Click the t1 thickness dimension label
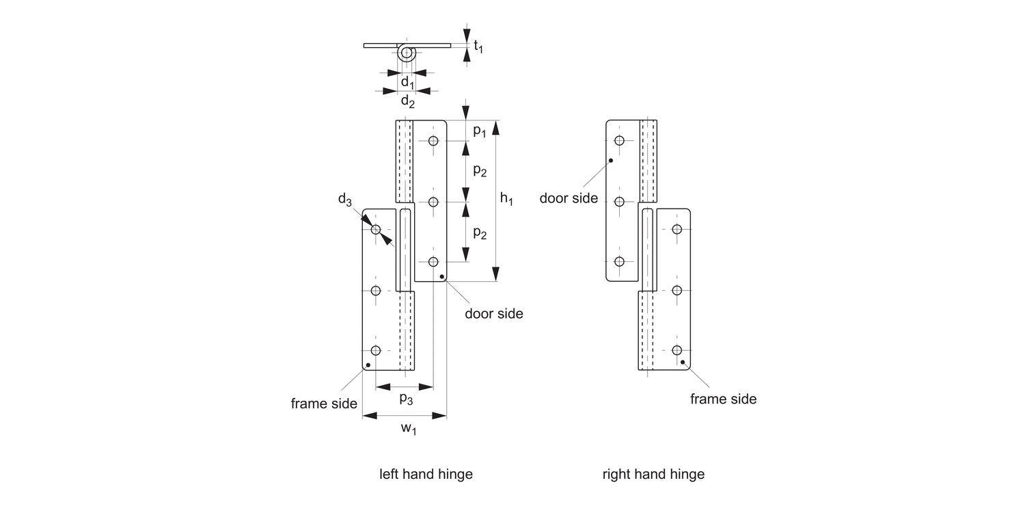(x=478, y=47)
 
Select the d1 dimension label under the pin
(x=407, y=83)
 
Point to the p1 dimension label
(x=480, y=131)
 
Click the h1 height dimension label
(x=506, y=199)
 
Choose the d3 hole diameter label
(x=345, y=200)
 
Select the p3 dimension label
(x=406, y=399)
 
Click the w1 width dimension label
(x=409, y=429)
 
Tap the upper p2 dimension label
(x=480, y=171)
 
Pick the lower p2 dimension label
(x=480, y=233)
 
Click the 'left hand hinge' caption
(x=426, y=474)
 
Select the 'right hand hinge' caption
(x=653, y=474)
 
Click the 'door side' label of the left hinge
(x=494, y=314)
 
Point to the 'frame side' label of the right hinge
(x=723, y=399)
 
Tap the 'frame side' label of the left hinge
(x=324, y=404)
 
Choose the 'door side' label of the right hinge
(x=569, y=198)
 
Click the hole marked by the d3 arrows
(x=375, y=230)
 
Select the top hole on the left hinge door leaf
(x=433, y=141)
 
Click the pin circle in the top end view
(x=407, y=53)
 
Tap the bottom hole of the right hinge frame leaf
(x=677, y=350)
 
